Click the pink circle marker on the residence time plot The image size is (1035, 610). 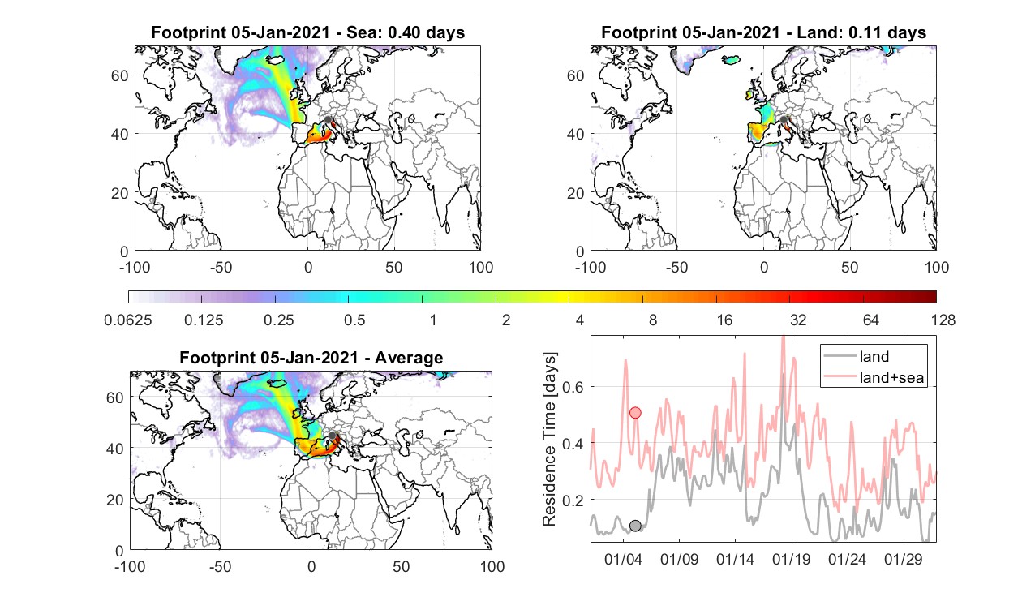tap(635, 413)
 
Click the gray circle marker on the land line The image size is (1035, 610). tap(635, 526)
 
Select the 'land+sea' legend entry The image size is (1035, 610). tap(874, 377)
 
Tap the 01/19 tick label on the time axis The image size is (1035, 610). tap(792, 559)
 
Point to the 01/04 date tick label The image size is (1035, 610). tap(623, 559)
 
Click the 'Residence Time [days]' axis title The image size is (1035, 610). tap(549, 439)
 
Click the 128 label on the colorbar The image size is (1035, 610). tap(943, 320)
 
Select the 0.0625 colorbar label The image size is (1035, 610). tap(128, 320)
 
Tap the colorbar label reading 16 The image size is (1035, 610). tap(724, 320)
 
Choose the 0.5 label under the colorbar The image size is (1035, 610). tap(354, 320)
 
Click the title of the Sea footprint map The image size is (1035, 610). tap(307, 32)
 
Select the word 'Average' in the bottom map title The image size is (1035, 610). tap(409, 358)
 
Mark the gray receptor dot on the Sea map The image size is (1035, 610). tap(328, 120)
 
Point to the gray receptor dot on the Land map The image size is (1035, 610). tap(784, 120)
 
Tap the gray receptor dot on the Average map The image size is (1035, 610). tap(332, 436)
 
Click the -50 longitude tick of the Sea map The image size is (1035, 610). tap(221, 267)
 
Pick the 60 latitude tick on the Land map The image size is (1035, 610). tap(575, 75)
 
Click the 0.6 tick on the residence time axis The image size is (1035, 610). tap(573, 387)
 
